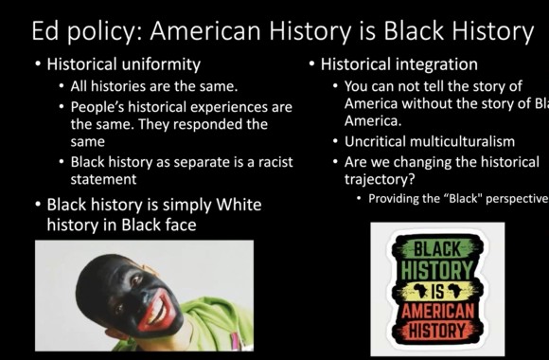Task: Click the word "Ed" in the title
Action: coord(48,30)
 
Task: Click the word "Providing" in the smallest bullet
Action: coord(395,199)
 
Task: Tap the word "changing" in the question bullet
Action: coord(432,162)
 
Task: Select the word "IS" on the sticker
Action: coord(436,291)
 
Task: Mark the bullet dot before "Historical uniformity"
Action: coord(37,66)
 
